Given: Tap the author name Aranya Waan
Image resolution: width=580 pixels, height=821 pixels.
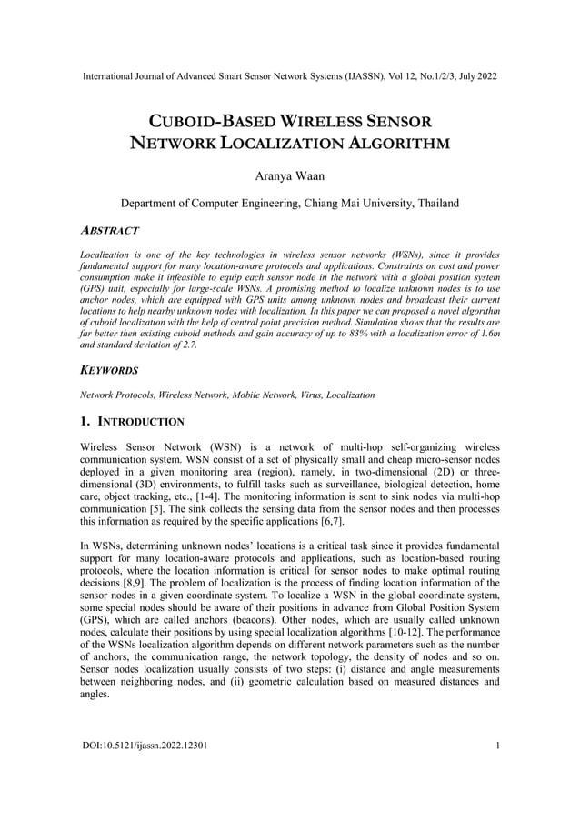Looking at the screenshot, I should (289, 174).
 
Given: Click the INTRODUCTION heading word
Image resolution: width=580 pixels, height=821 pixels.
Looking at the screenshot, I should (145, 422).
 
